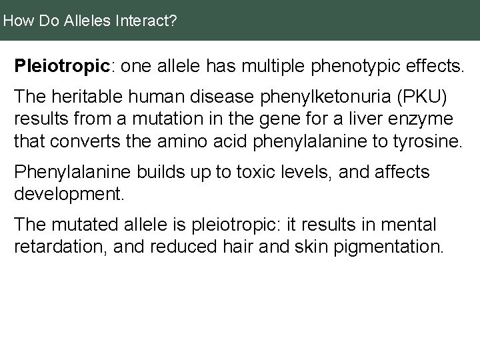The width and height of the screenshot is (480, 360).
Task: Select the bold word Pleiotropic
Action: click(61, 67)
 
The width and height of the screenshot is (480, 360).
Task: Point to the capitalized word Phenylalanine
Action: click(73, 173)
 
